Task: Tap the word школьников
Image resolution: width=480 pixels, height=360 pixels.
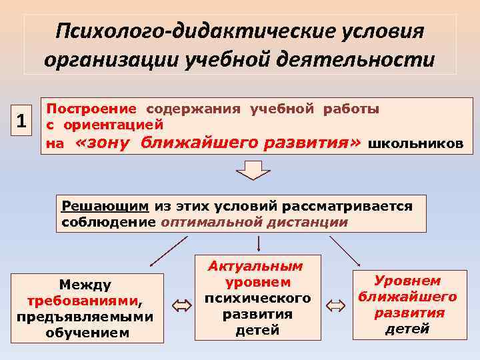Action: (x=415, y=143)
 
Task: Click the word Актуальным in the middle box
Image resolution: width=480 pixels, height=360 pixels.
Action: (x=255, y=266)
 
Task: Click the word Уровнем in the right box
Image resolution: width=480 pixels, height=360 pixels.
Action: (x=407, y=281)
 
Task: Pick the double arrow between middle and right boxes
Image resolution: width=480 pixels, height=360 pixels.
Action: (x=337, y=305)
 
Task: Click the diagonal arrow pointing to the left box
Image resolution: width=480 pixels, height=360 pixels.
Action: (x=167, y=251)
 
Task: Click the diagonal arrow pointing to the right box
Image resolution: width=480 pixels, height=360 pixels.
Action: (x=345, y=250)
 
